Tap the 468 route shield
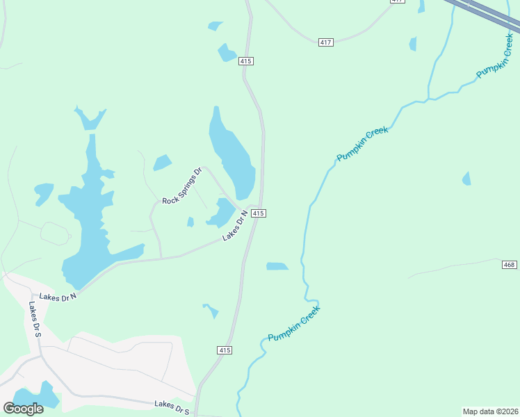click(510, 265)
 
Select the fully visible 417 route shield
click(326, 42)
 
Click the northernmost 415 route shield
click(245, 61)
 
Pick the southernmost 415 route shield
click(224, 350)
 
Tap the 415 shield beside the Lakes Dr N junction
click(258, 213)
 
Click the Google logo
click(24, 408)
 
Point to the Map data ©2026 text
click(490, 411)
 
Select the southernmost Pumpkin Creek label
click(294, 323)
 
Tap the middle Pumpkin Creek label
click(362, 145)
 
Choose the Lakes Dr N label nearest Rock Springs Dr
click(235, 227)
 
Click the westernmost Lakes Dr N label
click(58, 296)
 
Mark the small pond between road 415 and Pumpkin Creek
click(277, 266)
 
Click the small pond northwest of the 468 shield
click(466, 179)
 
